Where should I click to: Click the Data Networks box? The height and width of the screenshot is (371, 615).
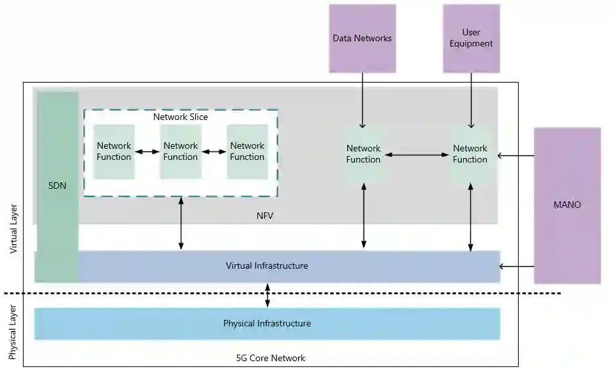(362, 39)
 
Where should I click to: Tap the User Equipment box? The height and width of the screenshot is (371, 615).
(471, 39)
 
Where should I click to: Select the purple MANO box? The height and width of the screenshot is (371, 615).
(567, 205)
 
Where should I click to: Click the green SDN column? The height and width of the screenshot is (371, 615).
(57, 186)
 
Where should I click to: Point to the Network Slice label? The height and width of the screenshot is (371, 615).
(180, 117)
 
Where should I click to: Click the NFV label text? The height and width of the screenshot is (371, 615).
(265, 214)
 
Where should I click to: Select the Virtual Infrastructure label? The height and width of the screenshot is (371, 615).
(267, 265)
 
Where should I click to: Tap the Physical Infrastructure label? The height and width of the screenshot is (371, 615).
(267, 323)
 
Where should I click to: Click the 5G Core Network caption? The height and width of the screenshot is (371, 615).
(270, 358)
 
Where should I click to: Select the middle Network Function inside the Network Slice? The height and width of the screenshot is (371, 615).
(180, 151)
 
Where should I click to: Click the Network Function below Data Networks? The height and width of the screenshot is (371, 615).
(363, 154)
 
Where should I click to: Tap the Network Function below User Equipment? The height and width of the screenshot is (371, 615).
(470, 154)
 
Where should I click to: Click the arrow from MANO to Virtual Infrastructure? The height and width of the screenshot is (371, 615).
(517, 266)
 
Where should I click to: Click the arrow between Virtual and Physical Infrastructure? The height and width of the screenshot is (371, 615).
(267, 295)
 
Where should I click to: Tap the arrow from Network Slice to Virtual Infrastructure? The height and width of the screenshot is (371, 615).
(181, 223)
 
